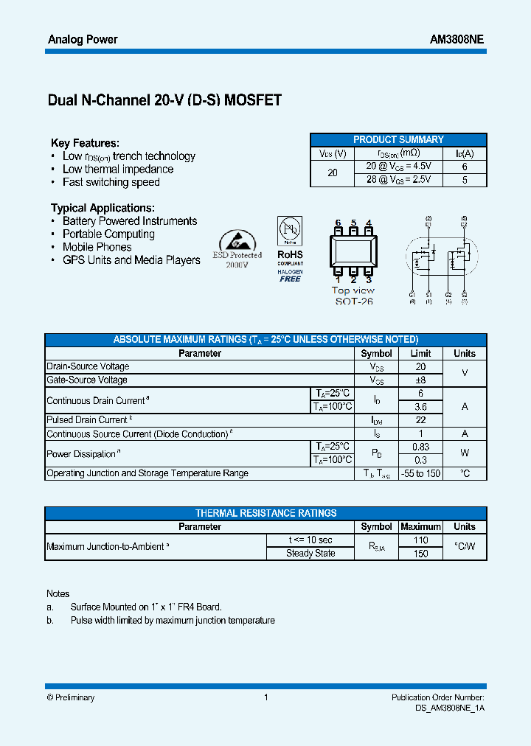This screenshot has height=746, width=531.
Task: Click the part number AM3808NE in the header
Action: click(x=457, y=39)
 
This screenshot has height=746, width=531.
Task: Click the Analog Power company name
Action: click(x=82, y=39)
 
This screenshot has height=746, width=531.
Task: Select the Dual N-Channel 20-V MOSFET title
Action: click(x=164, y=100)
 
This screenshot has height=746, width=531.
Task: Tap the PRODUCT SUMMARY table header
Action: click(x=398, y=139)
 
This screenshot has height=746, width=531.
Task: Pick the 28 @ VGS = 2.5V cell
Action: click(x=398, y=180)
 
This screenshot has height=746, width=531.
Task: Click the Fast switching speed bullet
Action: click(x=111, y=182)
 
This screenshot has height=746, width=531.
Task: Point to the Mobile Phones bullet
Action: click(x=97, y=247)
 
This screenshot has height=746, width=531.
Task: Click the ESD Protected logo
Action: click(x=237, y=249)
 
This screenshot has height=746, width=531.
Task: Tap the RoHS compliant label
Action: click(x=290, y=255)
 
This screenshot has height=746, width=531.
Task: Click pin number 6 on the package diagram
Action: click(x=338, y=223)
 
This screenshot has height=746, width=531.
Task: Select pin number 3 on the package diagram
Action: click(x=369, y=279)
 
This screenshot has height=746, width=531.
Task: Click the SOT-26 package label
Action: click(x=353, y=301)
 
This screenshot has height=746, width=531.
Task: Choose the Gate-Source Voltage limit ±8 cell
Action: click(x=420, y=380)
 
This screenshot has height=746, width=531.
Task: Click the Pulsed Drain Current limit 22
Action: click(x=420, y=420)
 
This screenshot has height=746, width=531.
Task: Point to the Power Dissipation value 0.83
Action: click(x=420, y=447)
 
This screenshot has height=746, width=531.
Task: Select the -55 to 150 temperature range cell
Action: click(x=420, y=473)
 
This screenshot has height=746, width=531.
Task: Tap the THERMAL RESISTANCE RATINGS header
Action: click(x=265, y=513)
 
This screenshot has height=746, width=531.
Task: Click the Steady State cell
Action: click(x=310, y=554)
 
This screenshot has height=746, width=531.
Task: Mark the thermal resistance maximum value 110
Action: click(x=420, y=540)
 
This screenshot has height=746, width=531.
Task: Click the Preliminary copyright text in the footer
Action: click(x=71, y=697)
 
